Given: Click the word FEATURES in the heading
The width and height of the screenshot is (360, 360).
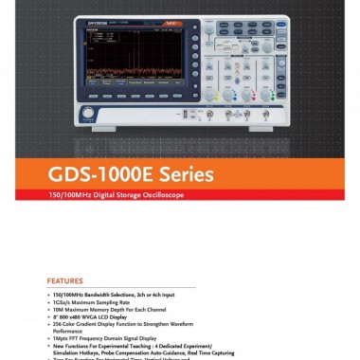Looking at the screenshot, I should pyautogui.click(x=65, y=280).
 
